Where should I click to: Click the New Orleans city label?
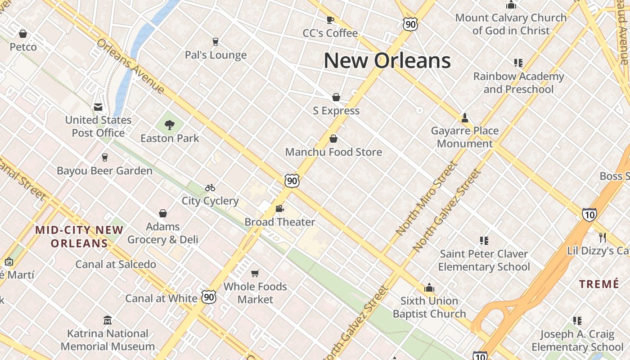coord(387,60)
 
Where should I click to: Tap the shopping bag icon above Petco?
coord(23,34)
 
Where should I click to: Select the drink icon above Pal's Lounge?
coord(215,42)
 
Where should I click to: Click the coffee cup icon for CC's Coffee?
coord(330,20)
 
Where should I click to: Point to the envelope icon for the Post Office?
coord(98,107)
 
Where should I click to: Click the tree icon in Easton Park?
coord(170,125)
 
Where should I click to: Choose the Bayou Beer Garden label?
coord(104,171)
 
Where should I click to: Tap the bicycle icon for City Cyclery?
coord(210,188)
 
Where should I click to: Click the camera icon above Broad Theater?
coord(279,209)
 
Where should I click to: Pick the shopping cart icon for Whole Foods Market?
coord(255,273)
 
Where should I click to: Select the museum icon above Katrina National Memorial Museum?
coord(108,320)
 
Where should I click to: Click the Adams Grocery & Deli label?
coord(162,233)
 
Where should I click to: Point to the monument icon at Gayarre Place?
coord(465,118)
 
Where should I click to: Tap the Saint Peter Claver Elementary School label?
coord(484,260)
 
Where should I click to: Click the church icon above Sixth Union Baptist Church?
coord(429,288)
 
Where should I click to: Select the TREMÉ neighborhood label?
coord(599,284)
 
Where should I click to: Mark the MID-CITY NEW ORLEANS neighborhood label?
coord(79,237)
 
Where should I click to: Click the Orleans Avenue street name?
coord(130,66)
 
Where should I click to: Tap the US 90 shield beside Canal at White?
coord(209,297)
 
